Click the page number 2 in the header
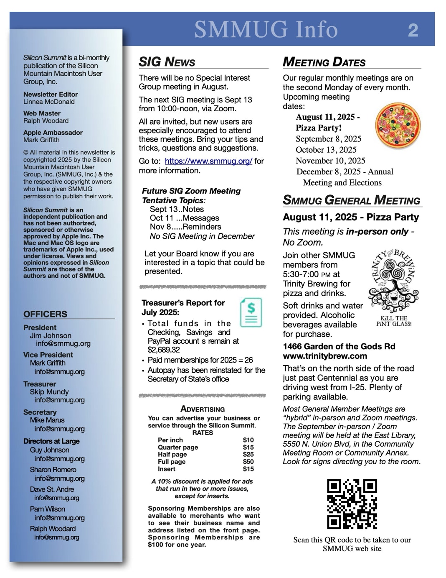[x=413, y=31]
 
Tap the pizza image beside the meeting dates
[x=398, y=125]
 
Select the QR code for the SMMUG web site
[x=352, y=504]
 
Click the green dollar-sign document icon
[x=251, y=312]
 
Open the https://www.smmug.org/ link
[x=208, y=161]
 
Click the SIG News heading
[x=167, y=62]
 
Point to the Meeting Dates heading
[x=324, y=62]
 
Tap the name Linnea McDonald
[x=49, y=102]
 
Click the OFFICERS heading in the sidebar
[x=45, y=314]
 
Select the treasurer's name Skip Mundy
[x=49, y=392]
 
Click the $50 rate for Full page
[x=248, y=462]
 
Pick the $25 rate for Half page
[x=248, y=454]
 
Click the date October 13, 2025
[x=326, y=150]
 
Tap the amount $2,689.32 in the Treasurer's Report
[x=164, y=350]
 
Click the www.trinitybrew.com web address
[x=325, y=356]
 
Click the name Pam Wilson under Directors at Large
[x=47, y=509]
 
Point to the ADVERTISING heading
[x=203, y=409]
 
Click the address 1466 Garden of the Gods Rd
[x=339, y=346]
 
